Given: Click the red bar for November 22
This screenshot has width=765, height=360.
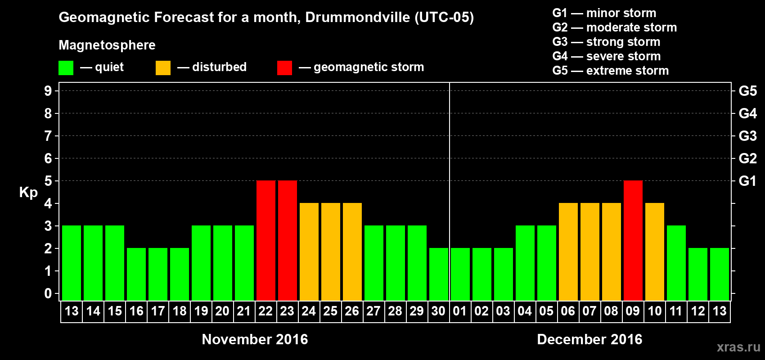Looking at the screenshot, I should coord(266,240).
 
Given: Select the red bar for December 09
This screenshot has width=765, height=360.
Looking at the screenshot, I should coord(633,240).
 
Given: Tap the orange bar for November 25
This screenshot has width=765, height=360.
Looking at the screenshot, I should coord(331,252).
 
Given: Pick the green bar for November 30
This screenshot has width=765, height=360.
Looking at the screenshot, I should coord(439,274).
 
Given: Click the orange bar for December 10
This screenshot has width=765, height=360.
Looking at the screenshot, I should coord(655,252).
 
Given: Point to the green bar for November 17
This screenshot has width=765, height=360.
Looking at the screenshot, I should coord(158,274).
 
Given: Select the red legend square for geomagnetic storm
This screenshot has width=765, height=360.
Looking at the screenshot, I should coord(284,68).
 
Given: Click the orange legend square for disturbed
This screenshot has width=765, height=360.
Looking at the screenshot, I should coord(163,68).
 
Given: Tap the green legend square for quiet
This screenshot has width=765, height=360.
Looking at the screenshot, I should coord(66,68).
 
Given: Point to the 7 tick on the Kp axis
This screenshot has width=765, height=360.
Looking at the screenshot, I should coord(48,136).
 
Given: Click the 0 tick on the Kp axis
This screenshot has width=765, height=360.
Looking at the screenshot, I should coord(48,293).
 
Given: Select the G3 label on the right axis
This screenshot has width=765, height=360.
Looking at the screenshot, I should coord(747,136).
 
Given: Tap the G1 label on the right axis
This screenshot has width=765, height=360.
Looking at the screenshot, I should coord(747,181).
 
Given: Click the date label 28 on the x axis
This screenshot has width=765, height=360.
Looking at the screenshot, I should coord(395,311).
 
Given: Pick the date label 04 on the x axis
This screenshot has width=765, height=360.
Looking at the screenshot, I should coord(525,311).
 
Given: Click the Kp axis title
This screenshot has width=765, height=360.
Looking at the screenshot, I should coord(28,192).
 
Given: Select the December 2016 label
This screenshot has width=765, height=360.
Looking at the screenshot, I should coord(589,339).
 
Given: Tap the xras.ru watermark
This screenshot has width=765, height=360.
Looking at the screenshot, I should coord(738,347).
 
